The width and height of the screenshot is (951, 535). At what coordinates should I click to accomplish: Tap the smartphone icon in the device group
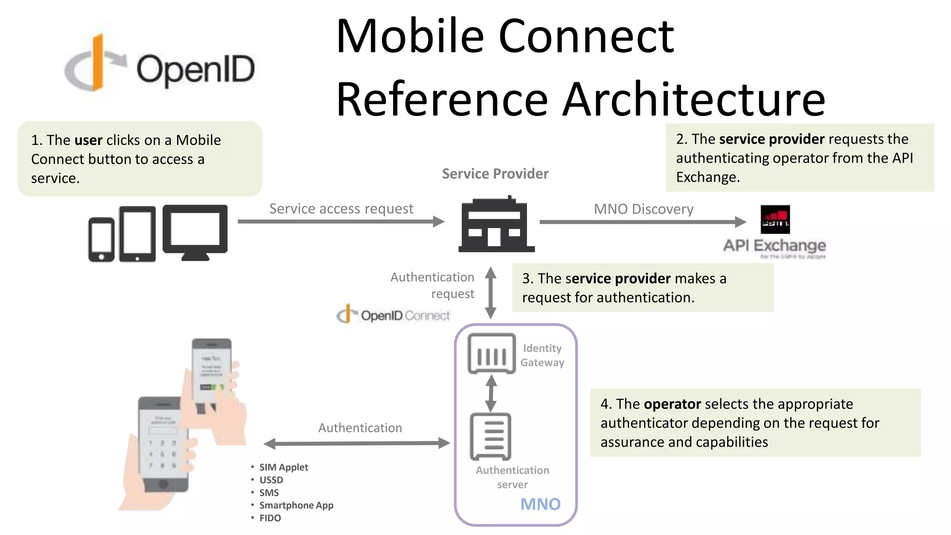[101, 240]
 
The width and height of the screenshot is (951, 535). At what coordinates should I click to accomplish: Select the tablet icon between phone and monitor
[137, 234]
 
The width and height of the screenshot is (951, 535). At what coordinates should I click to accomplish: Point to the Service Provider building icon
[496, 225]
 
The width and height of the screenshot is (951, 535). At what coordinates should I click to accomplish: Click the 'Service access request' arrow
[341, 222]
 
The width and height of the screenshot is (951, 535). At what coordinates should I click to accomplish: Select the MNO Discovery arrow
[643, 222]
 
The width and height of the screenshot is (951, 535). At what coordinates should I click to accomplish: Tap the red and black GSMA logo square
[775, 220]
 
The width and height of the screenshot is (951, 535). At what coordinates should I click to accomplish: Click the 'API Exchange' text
[775, 245]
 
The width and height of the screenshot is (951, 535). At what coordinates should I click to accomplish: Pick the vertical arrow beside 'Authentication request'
[491, 292]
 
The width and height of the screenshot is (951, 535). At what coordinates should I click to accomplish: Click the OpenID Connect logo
[393, 315]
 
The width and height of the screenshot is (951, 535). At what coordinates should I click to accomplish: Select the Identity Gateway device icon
[492, 354]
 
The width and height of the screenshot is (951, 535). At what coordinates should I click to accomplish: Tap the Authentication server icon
[491, 437]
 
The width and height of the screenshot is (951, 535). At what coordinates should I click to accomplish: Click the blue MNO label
[540, 504]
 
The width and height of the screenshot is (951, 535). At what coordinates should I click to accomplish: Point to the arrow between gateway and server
[491, 393]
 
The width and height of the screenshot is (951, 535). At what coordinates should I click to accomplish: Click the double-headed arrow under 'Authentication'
[357, 444]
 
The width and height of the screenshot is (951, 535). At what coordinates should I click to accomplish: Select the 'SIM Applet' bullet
[283, 467]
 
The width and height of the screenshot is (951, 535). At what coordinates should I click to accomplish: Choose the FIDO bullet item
[270, 518]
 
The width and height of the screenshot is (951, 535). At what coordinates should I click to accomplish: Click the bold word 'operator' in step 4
[672, 404]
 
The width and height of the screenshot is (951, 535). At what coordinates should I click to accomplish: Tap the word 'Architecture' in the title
[694, 99]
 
